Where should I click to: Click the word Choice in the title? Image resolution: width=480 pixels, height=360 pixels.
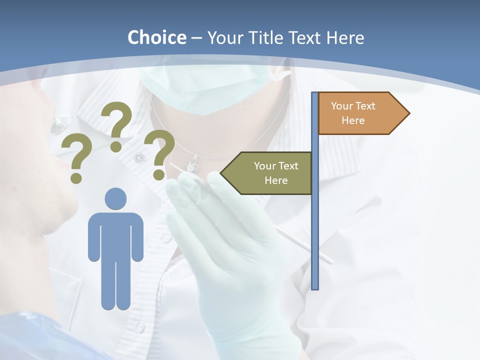[x=156, y=37]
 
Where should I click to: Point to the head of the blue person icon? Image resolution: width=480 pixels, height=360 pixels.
[x=115, y=198]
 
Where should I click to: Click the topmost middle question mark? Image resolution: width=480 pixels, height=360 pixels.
[x=117, y=125]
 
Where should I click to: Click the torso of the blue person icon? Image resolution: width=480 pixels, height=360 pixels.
[x=115, y=235]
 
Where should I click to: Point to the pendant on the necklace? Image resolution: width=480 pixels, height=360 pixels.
[x=191, y=164]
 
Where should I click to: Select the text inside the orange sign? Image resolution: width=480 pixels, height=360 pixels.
[x=353, y=113]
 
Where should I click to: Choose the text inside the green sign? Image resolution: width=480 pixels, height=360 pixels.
[x=276, y=173]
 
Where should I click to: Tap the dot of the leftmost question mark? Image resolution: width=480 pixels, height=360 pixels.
[x=76, y=177]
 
